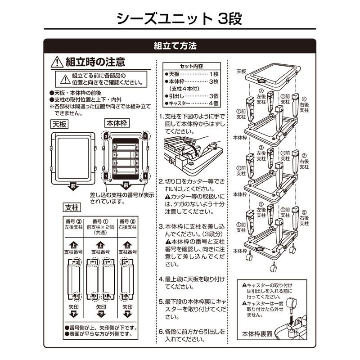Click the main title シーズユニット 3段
click(180, 18)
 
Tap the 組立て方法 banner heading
click(175, 46)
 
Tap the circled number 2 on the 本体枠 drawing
click(145, 135)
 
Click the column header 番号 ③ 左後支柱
click(73, 224)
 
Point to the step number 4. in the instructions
click(161, 279)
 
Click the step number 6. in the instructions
click(161, 332)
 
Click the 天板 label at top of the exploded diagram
click(242, 71)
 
